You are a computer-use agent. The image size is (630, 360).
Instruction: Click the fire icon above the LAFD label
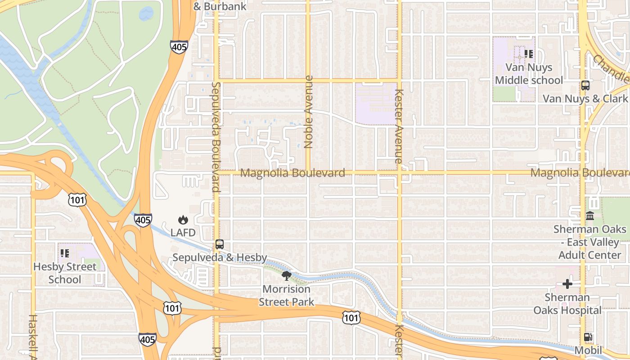(x=183, y=220)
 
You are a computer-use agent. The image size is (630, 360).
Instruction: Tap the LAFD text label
(x=183, y=233)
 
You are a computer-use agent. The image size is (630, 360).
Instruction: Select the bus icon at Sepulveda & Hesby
(x=220, y=244)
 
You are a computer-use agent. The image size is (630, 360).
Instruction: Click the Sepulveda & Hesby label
(x=220, y=258)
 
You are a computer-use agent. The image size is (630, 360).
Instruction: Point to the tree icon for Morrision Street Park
(x=286, y=275)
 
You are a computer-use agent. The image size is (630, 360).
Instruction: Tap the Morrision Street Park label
(x=287, y=295)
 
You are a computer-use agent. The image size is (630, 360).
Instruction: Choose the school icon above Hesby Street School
(x=65, y=253)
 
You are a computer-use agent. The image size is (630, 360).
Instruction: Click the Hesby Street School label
(x=65, y=273)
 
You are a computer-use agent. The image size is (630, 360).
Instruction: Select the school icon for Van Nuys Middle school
(x=529, y=54)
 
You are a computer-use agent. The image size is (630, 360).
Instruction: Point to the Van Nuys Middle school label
(x=529, y=74)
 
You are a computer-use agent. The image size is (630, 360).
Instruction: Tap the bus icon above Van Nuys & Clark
(x=585, y=85)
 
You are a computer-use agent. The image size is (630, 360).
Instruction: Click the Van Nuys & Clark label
(x=585, y=99)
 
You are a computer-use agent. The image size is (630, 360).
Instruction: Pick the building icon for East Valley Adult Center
(x=590, y=216)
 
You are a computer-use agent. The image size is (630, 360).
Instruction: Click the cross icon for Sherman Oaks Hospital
(x=567, y=284)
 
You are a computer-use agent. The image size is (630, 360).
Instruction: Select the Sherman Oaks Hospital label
(x=567, y=304)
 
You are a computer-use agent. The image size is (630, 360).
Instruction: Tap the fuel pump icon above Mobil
(x=588, y=337)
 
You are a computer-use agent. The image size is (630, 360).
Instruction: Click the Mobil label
(x=588, y=350)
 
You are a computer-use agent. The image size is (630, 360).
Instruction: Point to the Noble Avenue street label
(x=309, y=112)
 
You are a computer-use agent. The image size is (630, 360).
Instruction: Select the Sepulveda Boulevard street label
(x=216, y=136)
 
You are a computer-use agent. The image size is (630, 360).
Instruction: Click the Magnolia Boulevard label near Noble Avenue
(x=293, y=173)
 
